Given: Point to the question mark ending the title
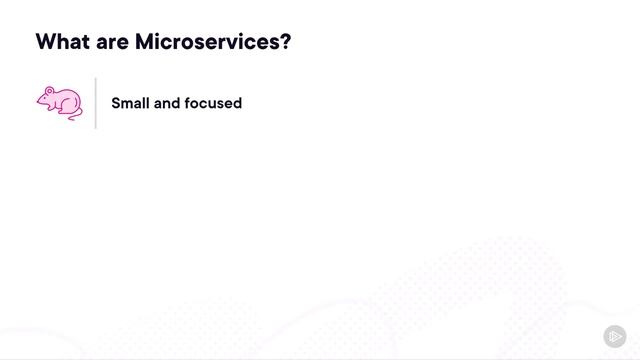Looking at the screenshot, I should [x=285, y=43].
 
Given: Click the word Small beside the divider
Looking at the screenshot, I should [x=130, y=103].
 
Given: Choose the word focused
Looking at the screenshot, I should [x=215, y=103].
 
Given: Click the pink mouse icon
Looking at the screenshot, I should [x=59, y=103].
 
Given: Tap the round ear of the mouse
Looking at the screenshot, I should [x=50, y=92].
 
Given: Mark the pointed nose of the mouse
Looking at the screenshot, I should [x=38, y=101].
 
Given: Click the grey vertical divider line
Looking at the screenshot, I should [x=96, y=103].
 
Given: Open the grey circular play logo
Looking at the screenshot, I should [x=615, y=336].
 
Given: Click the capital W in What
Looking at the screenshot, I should [x=46, y=43].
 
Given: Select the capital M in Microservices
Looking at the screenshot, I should [x=145, y=43].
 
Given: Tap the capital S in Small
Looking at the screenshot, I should [x=116, y=103].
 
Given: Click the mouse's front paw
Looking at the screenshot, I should [x=48, y=113].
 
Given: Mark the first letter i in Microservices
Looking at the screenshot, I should [x=160, y=43].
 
